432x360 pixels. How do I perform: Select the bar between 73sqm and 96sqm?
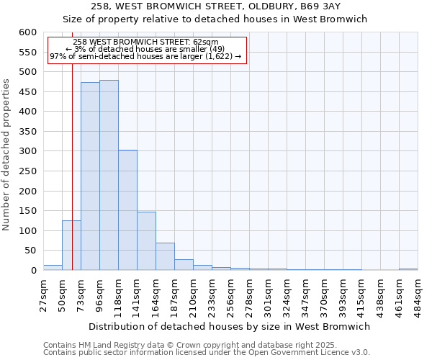pos(90,176)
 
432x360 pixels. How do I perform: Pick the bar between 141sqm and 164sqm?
pos(146,241)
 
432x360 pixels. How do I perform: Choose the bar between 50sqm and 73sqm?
pos(71,246)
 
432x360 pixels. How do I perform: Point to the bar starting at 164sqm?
pos(165,256)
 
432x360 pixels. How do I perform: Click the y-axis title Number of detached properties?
pos(7,154)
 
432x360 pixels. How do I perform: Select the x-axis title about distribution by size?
pos(230,326)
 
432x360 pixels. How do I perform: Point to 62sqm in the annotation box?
pos(210,42)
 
